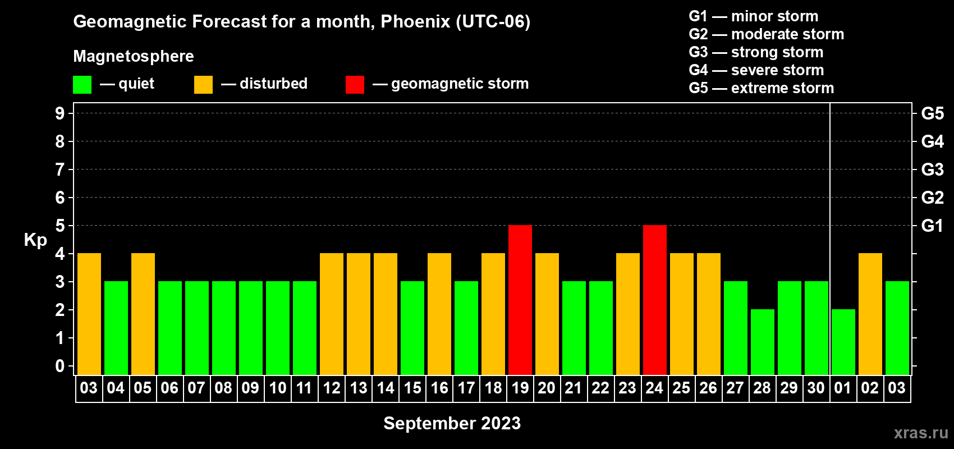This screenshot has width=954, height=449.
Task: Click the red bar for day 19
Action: pos(520,300)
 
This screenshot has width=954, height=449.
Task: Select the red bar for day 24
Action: pos(654,300)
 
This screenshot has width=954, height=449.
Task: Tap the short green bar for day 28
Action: pos(762,342)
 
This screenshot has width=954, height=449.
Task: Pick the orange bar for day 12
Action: pos(331,314)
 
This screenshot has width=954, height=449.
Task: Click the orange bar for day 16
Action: pos(439,314)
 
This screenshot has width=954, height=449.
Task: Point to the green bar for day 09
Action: pos(251,328)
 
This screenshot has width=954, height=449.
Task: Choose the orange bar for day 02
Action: pos(870,314)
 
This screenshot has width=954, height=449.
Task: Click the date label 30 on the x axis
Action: pos(816,388)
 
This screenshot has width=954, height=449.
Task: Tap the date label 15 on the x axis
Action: pos(412,388)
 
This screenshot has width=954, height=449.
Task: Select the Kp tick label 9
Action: pos(59,113)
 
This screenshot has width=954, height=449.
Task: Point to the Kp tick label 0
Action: pos(59,366)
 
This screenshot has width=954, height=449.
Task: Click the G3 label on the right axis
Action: pos(932,169)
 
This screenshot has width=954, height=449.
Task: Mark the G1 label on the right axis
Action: pos(932,226)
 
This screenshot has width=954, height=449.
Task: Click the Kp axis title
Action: pos(35,240)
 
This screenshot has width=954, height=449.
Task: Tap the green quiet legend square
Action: pos(82,84)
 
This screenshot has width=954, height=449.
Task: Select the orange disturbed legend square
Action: pos(203,84)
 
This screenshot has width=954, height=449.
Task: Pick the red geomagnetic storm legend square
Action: pos(355,84)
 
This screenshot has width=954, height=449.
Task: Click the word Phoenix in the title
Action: pos(415,21)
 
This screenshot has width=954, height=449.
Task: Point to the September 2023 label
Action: pos(452,423)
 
